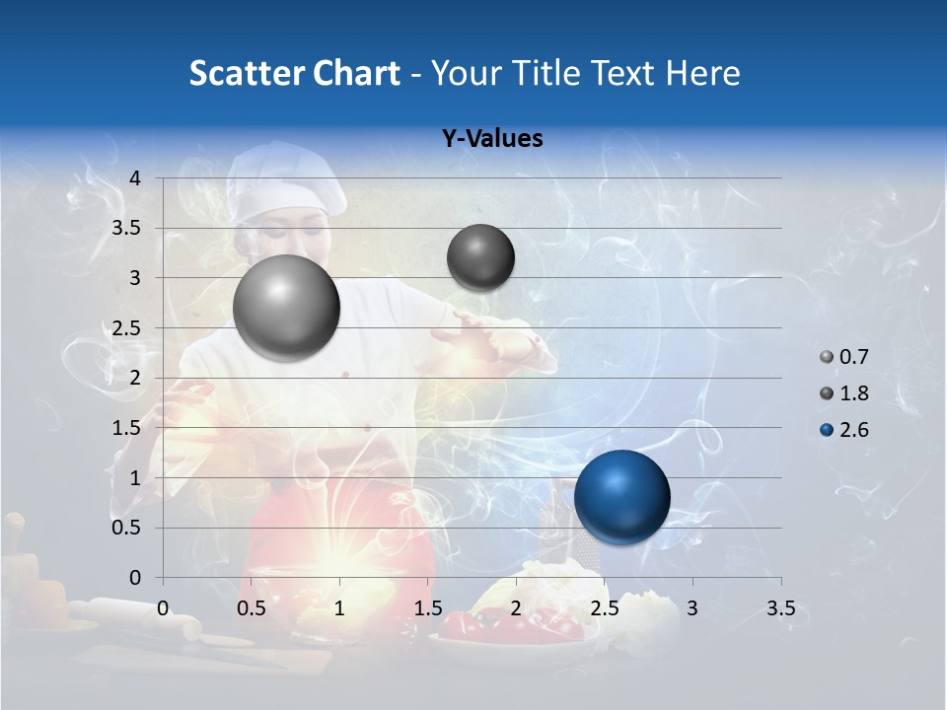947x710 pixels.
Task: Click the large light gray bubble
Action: pyautogui.click(x=287, y=308)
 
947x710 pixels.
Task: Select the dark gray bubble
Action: pyautogui.click(x=480, y=257)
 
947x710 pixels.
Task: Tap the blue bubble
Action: pyautogui.click(x=621, y=497)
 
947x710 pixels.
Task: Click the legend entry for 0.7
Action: pyautogui.click(x=844, y=357)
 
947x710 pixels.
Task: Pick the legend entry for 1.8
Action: pyautogui.click(x=844, y=393)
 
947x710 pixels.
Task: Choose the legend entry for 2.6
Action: pyautogui.click(x=844, y=429)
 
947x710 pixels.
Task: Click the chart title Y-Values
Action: pyautogui.click(x=491, y=139)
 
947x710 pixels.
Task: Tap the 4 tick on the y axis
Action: pyautogui.click(x=136, y=178)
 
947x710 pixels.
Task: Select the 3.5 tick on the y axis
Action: pyautogui.click(x=127, y=229)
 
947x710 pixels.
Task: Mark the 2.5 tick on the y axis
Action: pyautogui.click(x=127, y=328)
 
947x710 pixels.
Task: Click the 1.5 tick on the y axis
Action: pyautogui.click(x=127, y=428)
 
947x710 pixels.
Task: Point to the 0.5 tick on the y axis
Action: pyautogui.click(x=127, y=528)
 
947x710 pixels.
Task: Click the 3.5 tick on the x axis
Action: pyautogui.click(x=780, y=608)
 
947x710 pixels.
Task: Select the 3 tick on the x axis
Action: pyautogui.click(x=692, y=608)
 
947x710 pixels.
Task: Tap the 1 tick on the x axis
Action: pyautogui.click(x=339, y=608)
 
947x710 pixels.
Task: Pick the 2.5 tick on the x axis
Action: pyautogui.click(x=604, y=608)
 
